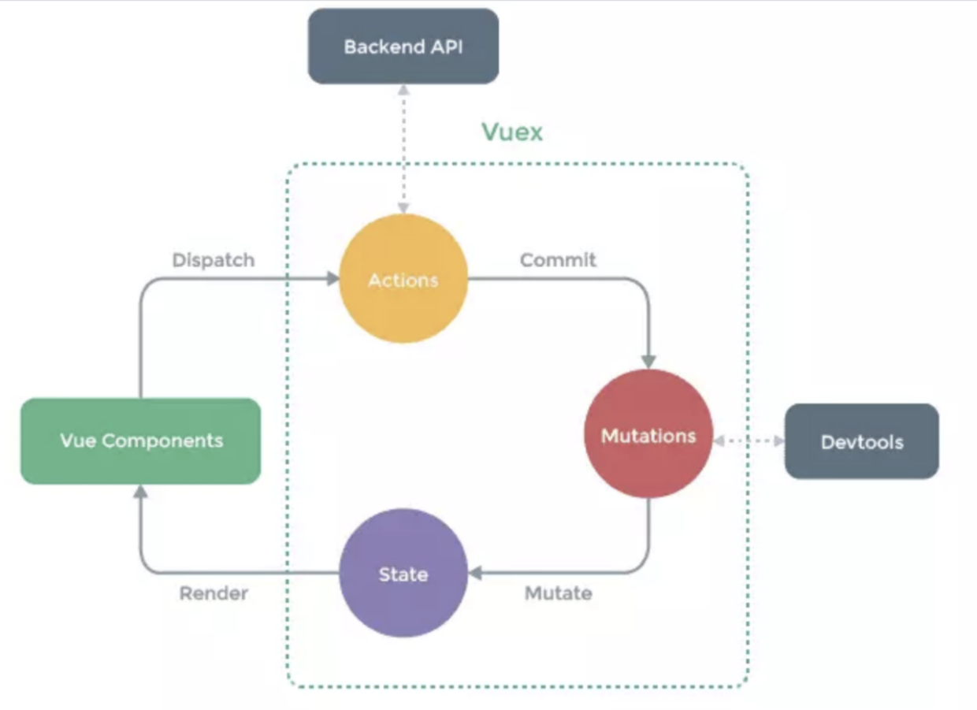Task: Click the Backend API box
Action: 403,46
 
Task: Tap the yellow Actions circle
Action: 403,279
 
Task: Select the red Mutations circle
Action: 648,434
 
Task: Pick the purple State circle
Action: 403,573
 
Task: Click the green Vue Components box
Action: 140,440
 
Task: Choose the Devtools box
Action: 861,441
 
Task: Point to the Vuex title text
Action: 512,132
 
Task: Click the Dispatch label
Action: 213,260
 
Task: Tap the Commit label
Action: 558,259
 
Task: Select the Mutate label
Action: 558,593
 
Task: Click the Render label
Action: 213,593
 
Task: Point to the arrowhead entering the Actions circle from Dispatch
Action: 332,278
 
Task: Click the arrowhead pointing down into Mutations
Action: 648,361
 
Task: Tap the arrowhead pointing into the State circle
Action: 475,573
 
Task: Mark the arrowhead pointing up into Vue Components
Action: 140,492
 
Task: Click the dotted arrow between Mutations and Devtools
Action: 749,441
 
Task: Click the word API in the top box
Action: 445,46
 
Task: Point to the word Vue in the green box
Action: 77,440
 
